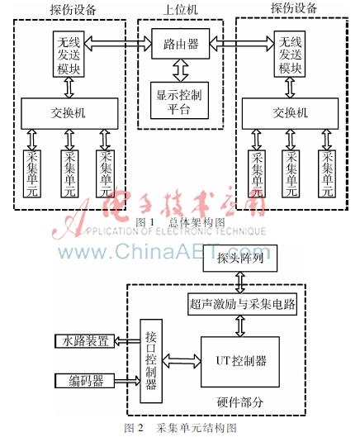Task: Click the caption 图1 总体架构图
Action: pyautogui.click(x=180, y=221)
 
